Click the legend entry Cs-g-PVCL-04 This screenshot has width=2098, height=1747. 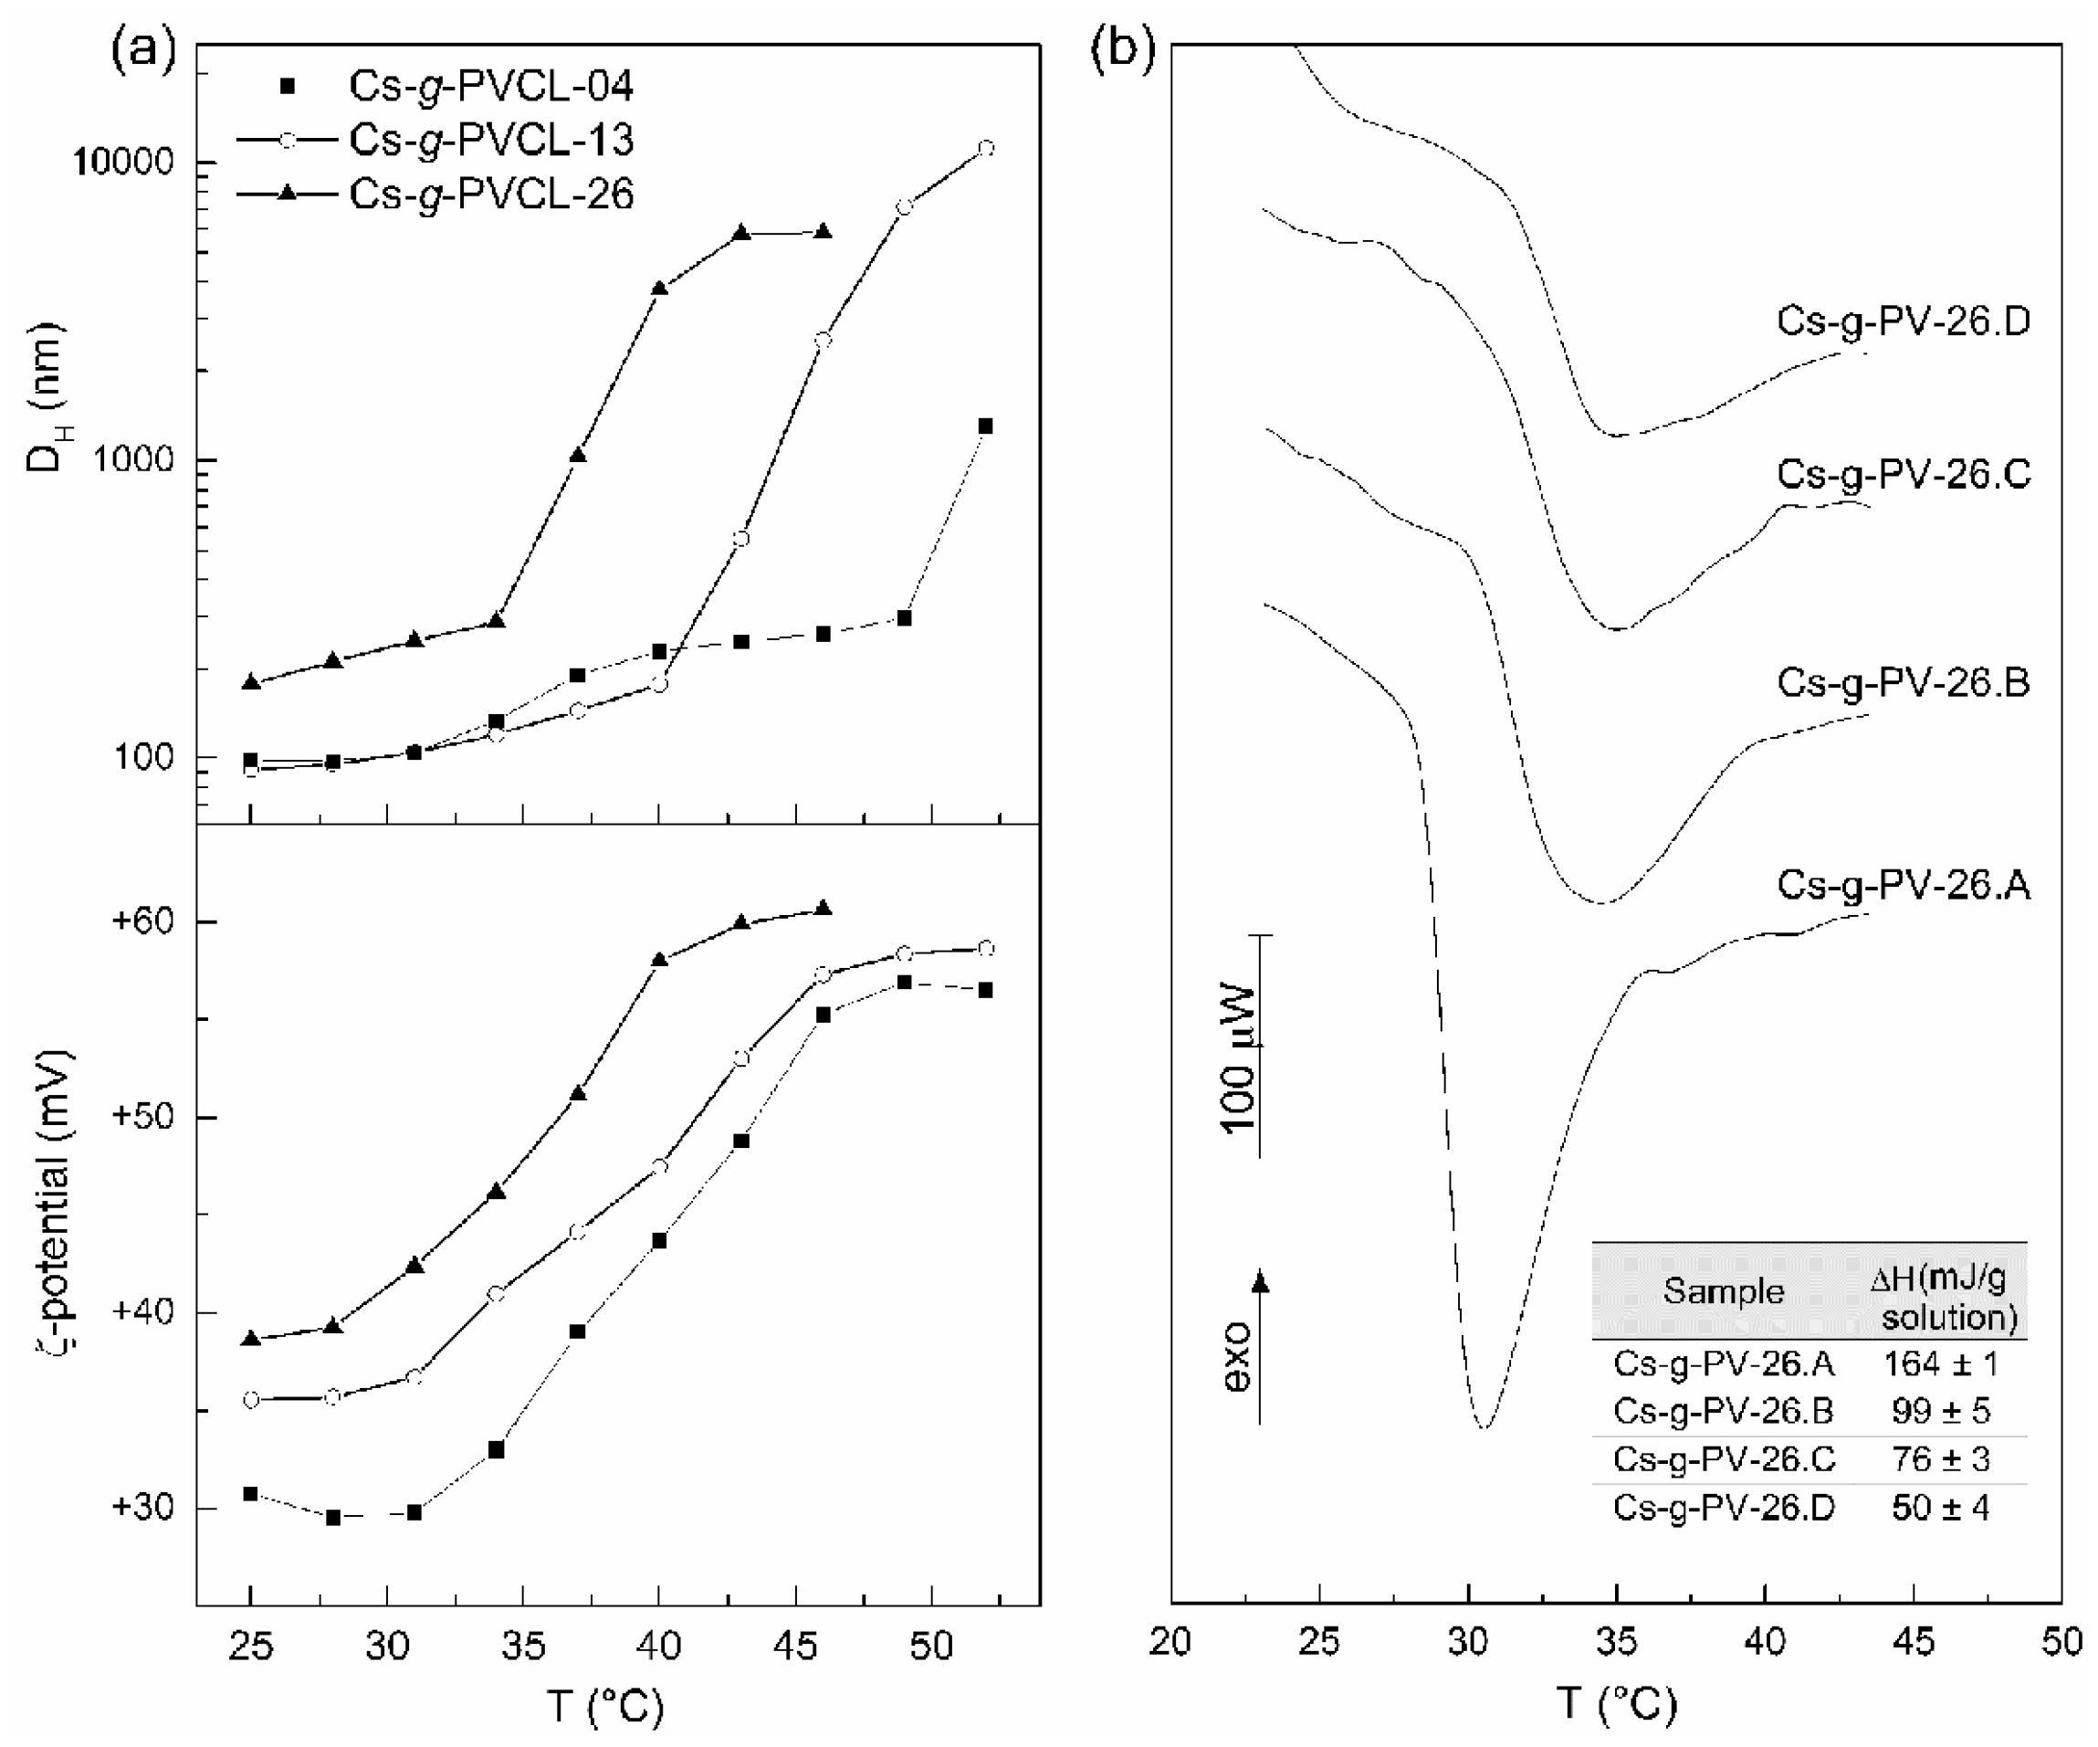point(489,86)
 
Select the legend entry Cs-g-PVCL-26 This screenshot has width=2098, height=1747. point(489,194)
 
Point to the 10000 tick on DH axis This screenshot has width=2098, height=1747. point(123,162)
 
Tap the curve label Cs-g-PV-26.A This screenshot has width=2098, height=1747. point(1904,886)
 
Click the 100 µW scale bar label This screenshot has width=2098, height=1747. point(1239,1059)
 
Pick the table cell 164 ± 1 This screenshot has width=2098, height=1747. point(1940,1364)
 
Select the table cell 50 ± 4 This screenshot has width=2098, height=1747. point(1940,1507)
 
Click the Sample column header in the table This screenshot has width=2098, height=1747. point(1724,1291)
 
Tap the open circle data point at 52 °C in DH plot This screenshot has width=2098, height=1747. point(986,148)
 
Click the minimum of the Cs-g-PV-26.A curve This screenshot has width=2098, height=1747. point(1484,1426)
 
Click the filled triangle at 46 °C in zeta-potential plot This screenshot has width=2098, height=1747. point(823,909)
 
